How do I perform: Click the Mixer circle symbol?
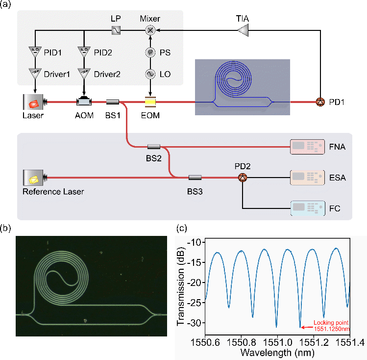pyautogui.click(x=150, y=30)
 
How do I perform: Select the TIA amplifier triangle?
pyautogui.click(x=243, y=30)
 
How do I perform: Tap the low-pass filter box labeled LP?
pyautogui.click(x=115, y=30)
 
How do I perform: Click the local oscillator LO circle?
pyautogui.click(x=150, y=74)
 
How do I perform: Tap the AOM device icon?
pyautogui.click(x=84, y=102)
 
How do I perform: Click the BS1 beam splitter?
pyautogui.click(x=113, y=102)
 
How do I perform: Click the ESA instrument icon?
pyautogui.click(x=307, y=177)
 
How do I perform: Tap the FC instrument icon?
pyautogui.click(x=307, y=208)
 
